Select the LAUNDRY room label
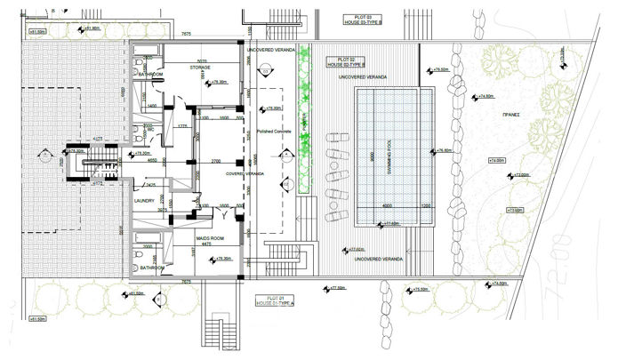coord(145,200)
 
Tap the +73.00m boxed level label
coord(513,211)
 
